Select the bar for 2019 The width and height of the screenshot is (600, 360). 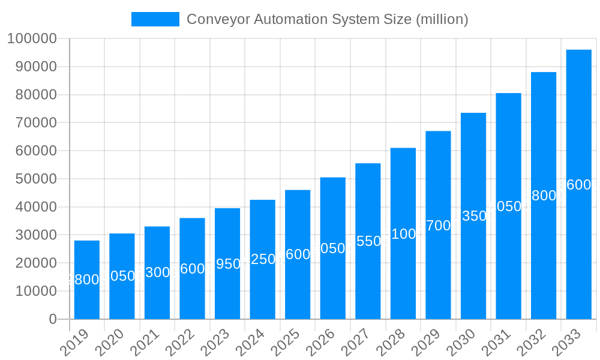[x=87, y=280]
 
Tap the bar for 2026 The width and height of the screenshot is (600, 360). [x=333, y=248]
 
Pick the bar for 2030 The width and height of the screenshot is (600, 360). [x=473, y=216]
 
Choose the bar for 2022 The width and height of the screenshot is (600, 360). [x=192, y=268]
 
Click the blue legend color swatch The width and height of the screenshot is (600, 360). [x=155, y=19]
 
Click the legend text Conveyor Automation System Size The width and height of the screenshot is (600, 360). [x=327, y=19]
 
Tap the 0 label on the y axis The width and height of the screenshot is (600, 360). [x=53, y=319]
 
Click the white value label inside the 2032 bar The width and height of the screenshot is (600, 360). [x=544, y=196]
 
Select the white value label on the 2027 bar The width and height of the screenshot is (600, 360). [x=368, y=241]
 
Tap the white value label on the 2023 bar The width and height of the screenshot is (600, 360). [x=227, y=264]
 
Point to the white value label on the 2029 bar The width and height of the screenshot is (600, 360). [x=438, y=226]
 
